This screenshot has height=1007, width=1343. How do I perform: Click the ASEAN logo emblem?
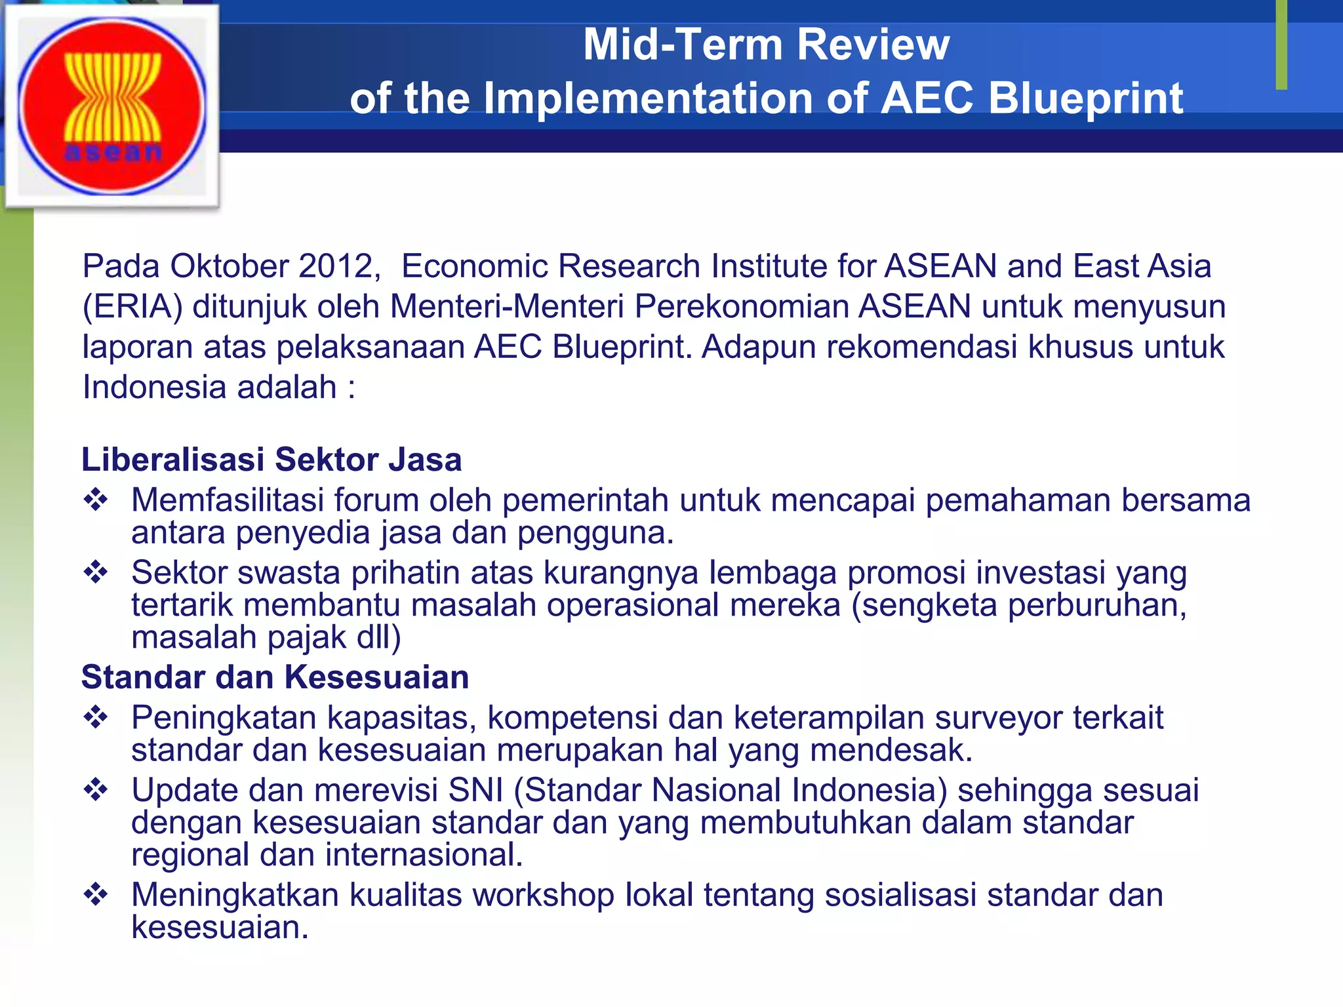112,106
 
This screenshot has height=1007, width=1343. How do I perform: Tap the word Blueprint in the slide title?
1085,98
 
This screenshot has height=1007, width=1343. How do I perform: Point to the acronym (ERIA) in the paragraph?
132,307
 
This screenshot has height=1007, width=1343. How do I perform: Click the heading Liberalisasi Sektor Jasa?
271,459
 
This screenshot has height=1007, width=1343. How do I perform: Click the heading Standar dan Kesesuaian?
275,677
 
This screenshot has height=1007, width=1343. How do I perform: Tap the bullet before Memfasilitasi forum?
96,500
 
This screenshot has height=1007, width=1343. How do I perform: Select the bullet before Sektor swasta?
96,572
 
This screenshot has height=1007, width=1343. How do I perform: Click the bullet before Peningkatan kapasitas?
96,717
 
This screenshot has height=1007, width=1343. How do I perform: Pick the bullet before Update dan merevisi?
96,790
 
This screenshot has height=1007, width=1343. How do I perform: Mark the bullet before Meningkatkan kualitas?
96,895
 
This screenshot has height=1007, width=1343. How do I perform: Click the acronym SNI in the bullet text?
475,790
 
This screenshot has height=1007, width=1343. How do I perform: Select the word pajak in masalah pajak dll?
306,637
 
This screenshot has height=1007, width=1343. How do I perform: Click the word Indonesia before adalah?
154,387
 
